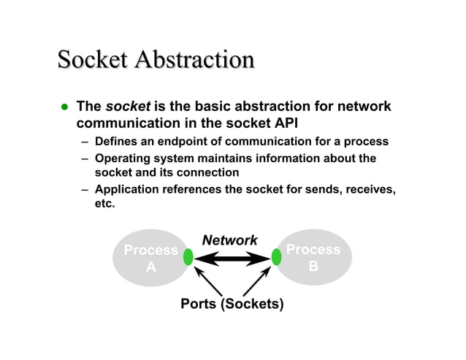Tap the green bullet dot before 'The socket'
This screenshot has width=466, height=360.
point(64,107)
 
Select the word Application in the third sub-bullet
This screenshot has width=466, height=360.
point(129,190)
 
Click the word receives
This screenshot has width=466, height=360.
point(370,190)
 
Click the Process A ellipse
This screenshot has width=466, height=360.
point(149,258)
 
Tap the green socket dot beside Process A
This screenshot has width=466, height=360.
point(188,257)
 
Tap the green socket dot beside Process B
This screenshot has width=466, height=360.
point(276,257)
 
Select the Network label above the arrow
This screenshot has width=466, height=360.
point(229,240)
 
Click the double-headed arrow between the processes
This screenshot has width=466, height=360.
point(232,258)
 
